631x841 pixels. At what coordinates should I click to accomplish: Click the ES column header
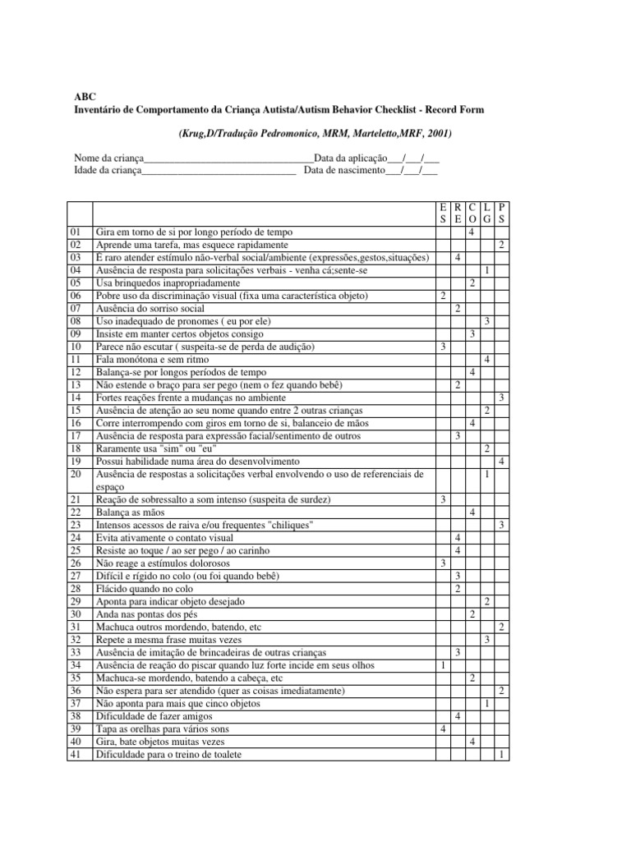[x=443, y=214]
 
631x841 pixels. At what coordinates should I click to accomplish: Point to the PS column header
[x=502, y=214]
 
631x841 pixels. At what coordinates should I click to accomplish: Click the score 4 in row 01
[x=472, y=233]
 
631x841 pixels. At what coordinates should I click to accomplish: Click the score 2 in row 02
[x=502, y=246]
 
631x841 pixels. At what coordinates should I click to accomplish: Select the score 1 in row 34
[x=443, y=665]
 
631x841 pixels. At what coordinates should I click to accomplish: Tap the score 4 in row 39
[x=443, y=729]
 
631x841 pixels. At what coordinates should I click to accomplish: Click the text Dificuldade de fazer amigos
[x=156, y=716]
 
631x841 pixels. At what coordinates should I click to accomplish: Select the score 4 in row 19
[x=502, y=462]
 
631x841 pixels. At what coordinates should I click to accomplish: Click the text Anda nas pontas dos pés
[x=146, y=614]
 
